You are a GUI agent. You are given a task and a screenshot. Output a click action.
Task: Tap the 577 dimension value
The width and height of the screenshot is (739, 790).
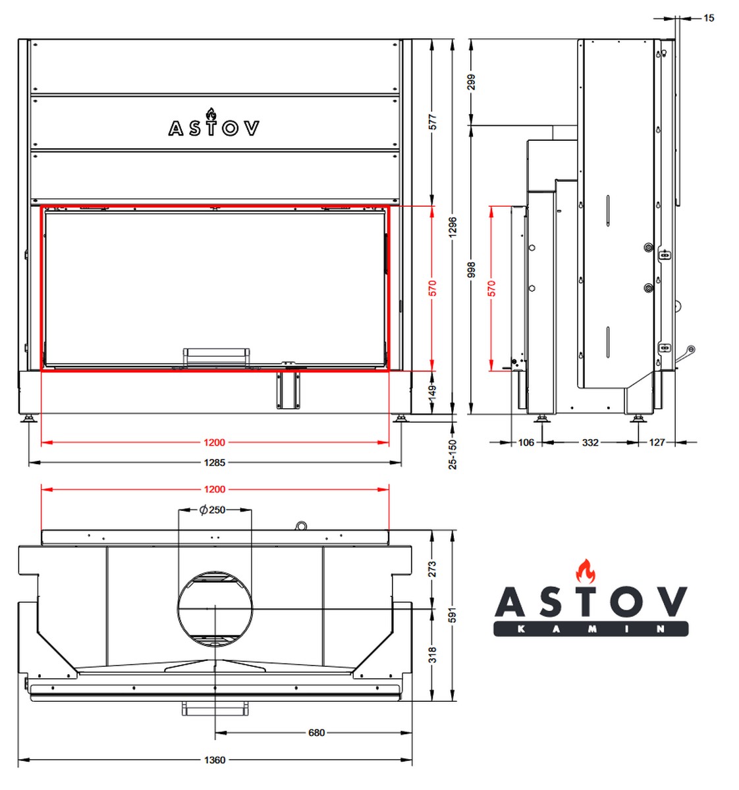433,122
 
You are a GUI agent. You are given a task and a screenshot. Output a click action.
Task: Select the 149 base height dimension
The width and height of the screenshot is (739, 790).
433,392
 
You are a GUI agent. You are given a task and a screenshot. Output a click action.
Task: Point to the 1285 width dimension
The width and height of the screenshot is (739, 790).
215,463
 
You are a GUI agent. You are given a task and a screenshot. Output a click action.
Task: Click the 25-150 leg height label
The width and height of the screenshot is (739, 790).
452,454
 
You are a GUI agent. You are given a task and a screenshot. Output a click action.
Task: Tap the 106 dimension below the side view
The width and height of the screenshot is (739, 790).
526,442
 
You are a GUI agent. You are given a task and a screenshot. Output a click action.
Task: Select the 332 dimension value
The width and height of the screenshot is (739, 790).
590,442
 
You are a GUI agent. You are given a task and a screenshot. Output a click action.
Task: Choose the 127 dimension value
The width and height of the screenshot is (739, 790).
657,442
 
